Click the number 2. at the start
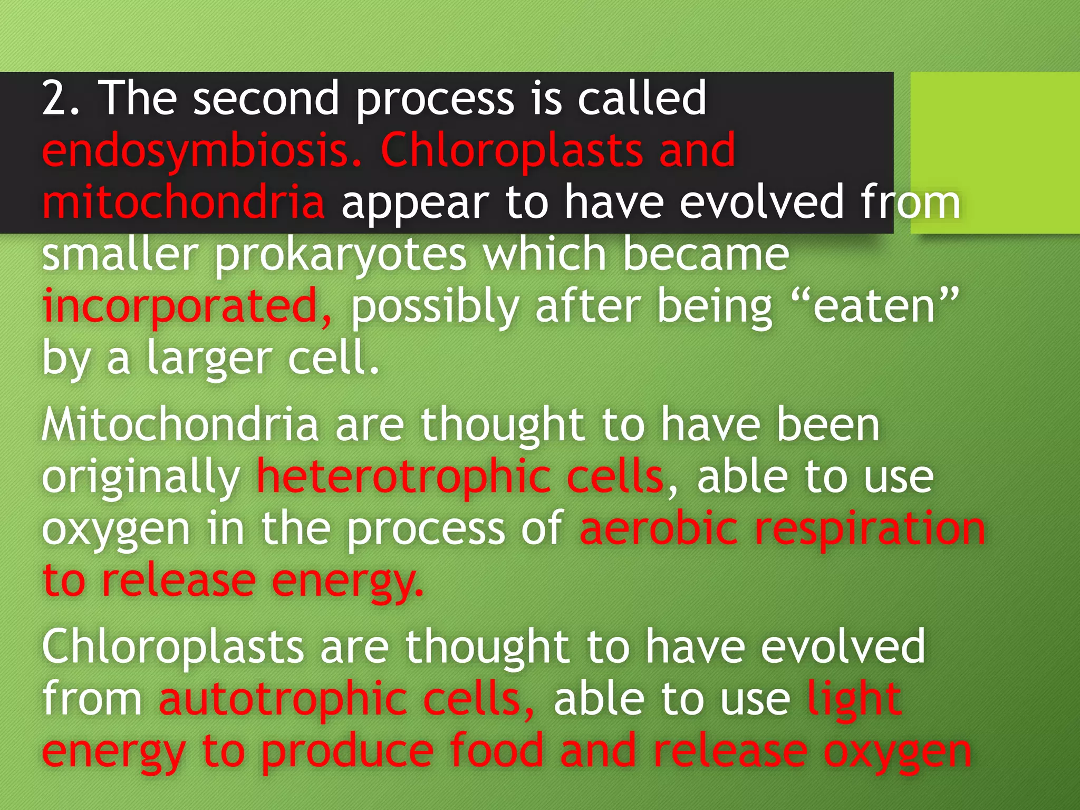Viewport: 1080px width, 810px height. [61, 99]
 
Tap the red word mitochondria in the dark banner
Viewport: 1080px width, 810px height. [183, 203]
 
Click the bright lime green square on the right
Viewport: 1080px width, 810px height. [995, 152]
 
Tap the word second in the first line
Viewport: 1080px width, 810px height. [266, 99]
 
